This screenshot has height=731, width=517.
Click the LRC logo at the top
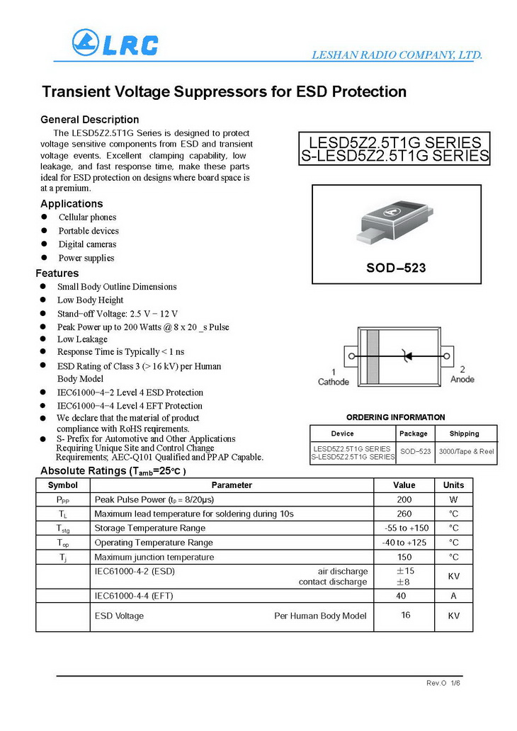point(115,43)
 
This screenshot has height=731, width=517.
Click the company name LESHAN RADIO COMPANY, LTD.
point(397,55)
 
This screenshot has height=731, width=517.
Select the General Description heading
point(90,120)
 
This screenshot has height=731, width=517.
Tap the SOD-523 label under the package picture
point(396,268)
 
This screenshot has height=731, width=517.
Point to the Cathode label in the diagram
point(333,382)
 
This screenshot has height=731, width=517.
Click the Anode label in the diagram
point(462,379)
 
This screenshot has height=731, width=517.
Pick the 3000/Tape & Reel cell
point(466,450)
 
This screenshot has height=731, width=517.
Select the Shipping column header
point(464,433)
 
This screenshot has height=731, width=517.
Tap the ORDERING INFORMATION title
point(395,417)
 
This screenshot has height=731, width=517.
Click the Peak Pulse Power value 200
point(404,499)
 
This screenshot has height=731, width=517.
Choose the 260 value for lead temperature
point(404,514)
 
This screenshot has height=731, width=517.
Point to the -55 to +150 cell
point(404,528)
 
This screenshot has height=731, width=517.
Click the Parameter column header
point(232,485)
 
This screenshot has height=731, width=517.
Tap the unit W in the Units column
point(453,499)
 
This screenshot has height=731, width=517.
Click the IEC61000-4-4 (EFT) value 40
point(402,596)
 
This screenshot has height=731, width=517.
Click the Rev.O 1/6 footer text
point(443,683)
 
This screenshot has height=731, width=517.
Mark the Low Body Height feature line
point(90,300)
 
